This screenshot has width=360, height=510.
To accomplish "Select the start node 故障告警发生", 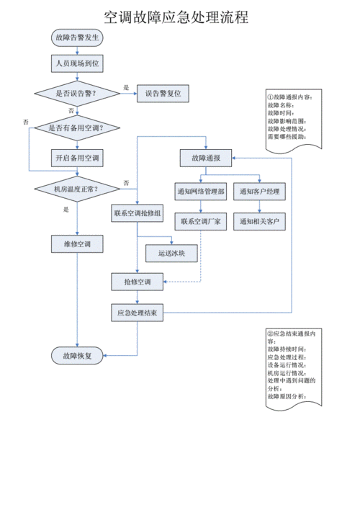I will click(x=77, y=37).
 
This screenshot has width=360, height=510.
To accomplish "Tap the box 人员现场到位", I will click(x=77, y=65).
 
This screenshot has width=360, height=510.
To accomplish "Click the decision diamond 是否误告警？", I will click(x=77, y=93).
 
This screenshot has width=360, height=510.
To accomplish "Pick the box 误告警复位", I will click(x=163, y=93).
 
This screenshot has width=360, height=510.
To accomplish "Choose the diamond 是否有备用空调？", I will click(x=77, y=128).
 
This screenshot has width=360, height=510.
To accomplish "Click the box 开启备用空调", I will click(x=77, y=157).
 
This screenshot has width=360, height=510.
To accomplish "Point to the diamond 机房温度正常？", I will click(x=77, y=189).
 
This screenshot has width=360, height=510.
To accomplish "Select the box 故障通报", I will click(x=205, y=157).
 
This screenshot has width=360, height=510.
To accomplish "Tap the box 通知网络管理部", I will click(x=201, y=192).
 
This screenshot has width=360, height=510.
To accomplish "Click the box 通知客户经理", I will click(x=261, y=192).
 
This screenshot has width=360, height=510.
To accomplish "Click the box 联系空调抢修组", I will click(x=138, y=213).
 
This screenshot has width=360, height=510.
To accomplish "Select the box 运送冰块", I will click(x=171, y=253).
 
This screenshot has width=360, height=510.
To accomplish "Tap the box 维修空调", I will click(x=77, y=244).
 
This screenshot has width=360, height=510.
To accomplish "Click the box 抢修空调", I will click(x=138, y=282).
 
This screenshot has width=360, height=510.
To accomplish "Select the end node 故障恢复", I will click(x=77, y=355).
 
